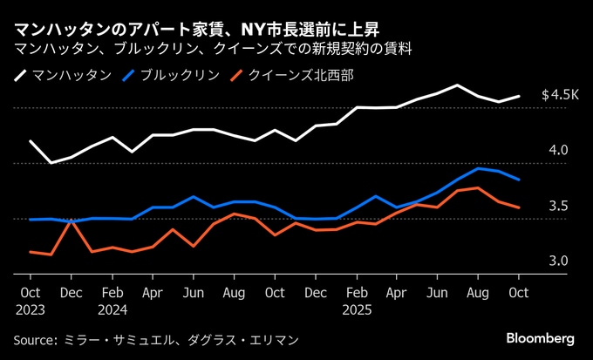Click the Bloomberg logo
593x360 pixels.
[x=541, y=337]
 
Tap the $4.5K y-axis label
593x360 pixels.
[x=560, y=94]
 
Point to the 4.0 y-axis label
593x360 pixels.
[x=558, y=150]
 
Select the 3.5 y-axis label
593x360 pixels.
[x=558, y=206]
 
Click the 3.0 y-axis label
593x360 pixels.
[x=558, y=261]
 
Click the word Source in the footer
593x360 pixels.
[x=34, y=338]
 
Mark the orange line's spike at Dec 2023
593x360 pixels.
[x=71, y=222]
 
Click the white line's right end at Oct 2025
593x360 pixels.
[x=519, y=96]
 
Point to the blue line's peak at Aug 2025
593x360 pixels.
[x=479, y=168]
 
